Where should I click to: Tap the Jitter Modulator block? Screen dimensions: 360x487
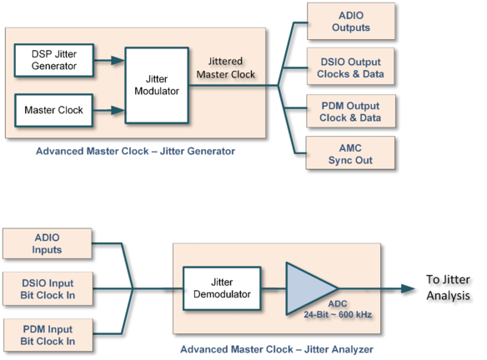pos(155,84)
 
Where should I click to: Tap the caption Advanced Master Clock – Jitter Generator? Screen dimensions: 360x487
pos(136,152)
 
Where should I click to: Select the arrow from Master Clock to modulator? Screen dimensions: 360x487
pos(106,108)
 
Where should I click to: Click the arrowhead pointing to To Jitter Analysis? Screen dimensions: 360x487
pos(408,288)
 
